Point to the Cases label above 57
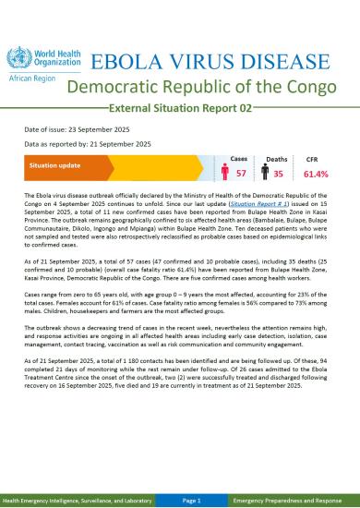click(x=238, y=160)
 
